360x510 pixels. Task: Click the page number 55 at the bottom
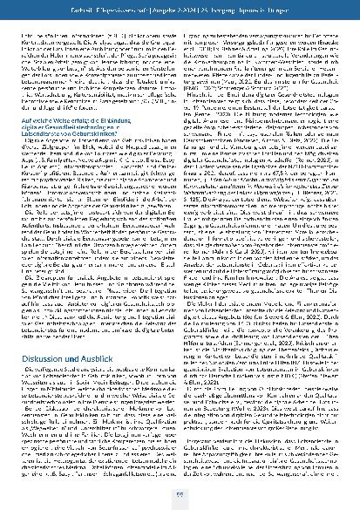180,494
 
